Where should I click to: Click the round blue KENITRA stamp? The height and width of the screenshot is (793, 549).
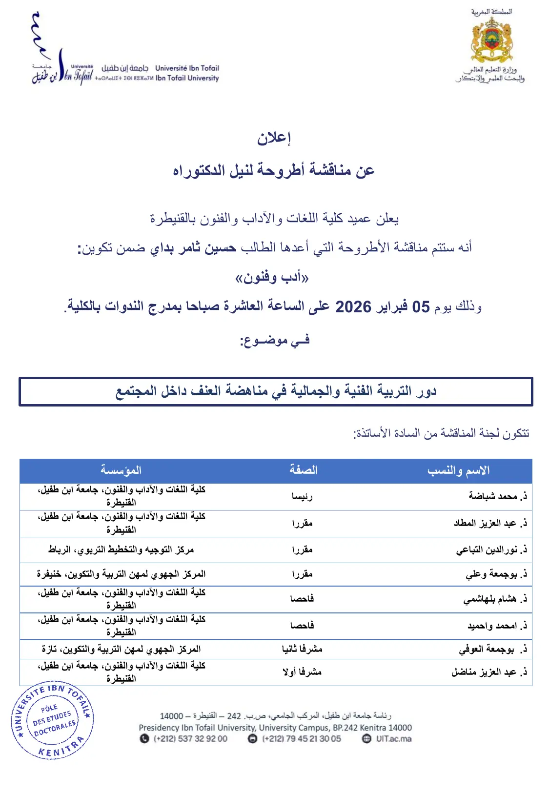pos(53,720)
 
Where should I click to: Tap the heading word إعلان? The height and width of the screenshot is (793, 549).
pos(274,138)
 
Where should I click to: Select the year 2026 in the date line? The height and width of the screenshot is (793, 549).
pos(353,307)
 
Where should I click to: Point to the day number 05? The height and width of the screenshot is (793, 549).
pos(421,307)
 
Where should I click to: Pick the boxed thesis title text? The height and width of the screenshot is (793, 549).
pos(276,391)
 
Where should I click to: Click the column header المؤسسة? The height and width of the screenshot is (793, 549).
pos(121,470)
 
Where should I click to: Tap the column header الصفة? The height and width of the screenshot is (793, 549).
pos(303,470)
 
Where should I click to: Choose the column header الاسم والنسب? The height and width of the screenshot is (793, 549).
pos(458,470)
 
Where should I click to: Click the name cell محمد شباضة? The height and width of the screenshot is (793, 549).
pos(493,496)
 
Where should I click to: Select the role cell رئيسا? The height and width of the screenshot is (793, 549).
pos(302,496)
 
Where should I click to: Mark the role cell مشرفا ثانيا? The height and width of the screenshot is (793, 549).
pos(302,649)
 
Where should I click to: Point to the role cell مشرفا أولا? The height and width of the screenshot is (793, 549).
pos(302,672)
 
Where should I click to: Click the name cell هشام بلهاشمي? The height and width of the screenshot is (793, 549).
pos(489,599)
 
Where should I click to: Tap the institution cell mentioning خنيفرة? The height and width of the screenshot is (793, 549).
pos(121,574)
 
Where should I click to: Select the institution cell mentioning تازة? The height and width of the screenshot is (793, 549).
pos(121,649)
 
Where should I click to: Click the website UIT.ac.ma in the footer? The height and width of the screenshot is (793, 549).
pos(393,739)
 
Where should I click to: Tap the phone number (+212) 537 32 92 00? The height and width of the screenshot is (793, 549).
pos(190,739)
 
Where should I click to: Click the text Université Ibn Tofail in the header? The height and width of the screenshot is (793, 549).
pos(187,68)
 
